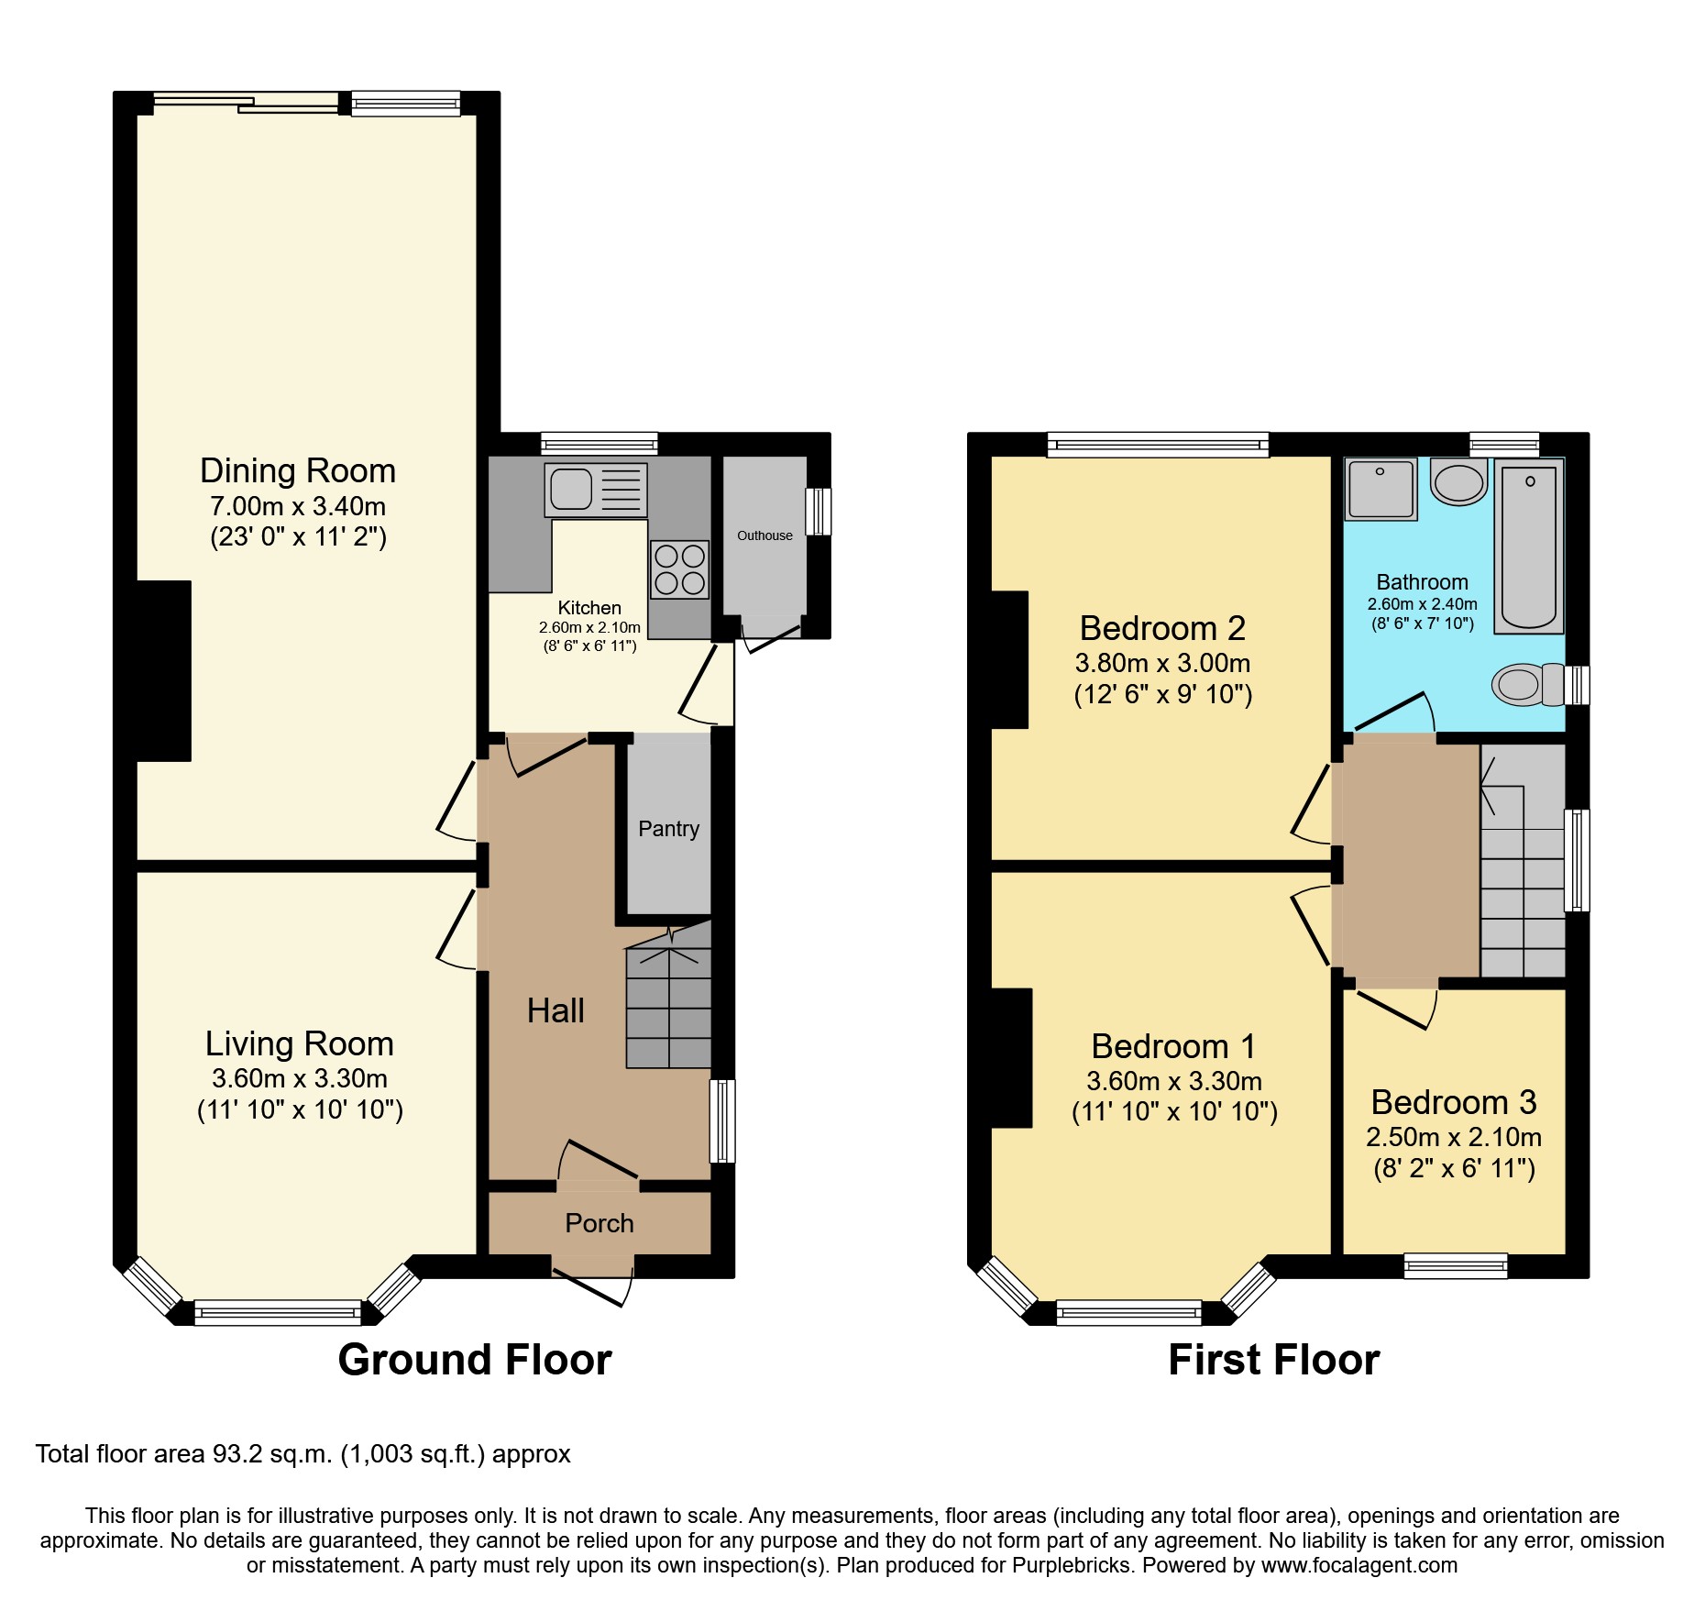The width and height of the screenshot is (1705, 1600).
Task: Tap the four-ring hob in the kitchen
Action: coord(679,569)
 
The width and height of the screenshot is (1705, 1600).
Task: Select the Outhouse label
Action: coord(764,535)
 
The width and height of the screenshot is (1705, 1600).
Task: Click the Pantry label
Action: coord(668,829)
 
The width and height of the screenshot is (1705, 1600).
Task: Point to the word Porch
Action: coord(599,1223)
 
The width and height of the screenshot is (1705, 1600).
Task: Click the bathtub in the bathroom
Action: coord(1528,547)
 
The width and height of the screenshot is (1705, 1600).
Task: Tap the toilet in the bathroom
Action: coord(1527,685)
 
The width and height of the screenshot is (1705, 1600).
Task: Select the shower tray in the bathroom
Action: coord(1380,489)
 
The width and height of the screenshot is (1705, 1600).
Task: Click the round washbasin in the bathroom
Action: coord(1458,482)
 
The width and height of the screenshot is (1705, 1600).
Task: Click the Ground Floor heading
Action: coord(474,1360)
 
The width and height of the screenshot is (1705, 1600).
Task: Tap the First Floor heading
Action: coord(1273,1360)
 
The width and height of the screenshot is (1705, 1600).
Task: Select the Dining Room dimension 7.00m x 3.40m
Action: coord(298,506)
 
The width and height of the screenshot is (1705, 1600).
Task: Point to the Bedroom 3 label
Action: coord(1453,1101)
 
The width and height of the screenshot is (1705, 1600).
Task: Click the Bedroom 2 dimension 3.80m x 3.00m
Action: coord(1162,663)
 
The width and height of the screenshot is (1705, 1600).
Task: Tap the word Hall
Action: coord(555,1010)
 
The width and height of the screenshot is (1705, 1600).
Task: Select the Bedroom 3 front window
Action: coord(1456,1266)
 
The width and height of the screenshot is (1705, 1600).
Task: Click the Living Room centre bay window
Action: coord(278,1313)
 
